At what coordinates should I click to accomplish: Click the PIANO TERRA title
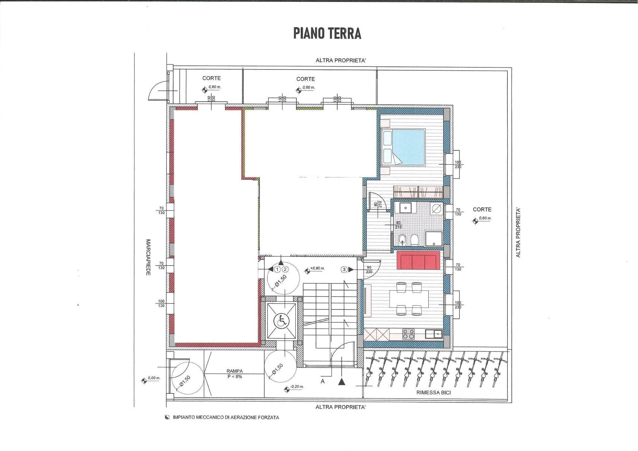[x=327, y=34]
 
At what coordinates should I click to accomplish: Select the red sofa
[x=418, y=261]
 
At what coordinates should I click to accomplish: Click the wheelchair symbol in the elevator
[x=281, y=321]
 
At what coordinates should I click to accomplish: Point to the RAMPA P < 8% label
[x=235, y=374]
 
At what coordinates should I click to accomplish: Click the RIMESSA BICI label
[x=433, y=393]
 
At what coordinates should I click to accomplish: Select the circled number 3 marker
[x=344, y=270]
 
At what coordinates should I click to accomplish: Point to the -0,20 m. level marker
[x=296, y=387]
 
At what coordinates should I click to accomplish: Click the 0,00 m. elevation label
[x=154, y=378]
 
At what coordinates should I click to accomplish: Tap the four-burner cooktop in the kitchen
[x=408, y=334]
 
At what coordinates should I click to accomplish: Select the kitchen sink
[x=434, y=334]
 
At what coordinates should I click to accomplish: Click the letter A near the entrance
[x=322, y=382]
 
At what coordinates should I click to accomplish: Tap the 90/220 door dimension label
[x=369, y=270]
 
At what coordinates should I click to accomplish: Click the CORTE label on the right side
[x=482, y=209]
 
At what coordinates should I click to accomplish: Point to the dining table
[x=409, y=299]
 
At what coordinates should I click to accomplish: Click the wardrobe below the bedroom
[x=418, y=192]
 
